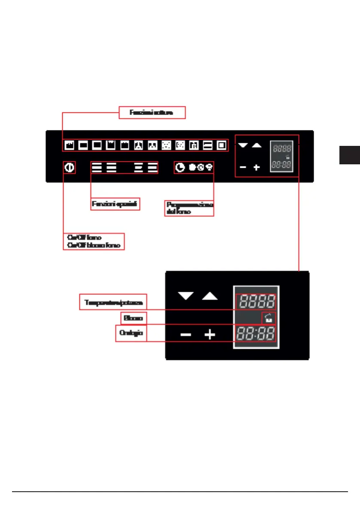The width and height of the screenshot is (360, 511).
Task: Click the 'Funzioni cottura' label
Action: click(152, 112)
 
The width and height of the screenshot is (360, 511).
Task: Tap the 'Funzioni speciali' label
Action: click(116, 204)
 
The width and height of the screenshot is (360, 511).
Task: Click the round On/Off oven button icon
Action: click(69, 167)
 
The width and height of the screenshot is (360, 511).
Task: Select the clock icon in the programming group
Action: click(181, 167)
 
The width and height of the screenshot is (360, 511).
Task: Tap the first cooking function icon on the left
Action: click(69, 145)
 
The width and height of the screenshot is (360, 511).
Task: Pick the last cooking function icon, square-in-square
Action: click(221, 145)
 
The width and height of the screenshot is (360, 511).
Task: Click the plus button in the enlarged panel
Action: click(209, 334)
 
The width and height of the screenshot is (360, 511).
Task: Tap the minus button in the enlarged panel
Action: click(186, 334)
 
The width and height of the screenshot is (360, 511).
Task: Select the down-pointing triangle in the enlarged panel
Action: click(186, 296)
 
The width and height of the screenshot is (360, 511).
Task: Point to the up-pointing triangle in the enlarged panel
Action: click(210, 296)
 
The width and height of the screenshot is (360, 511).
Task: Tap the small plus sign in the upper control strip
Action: click(256, 167)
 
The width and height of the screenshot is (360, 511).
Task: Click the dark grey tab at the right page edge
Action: click(349, 155)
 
